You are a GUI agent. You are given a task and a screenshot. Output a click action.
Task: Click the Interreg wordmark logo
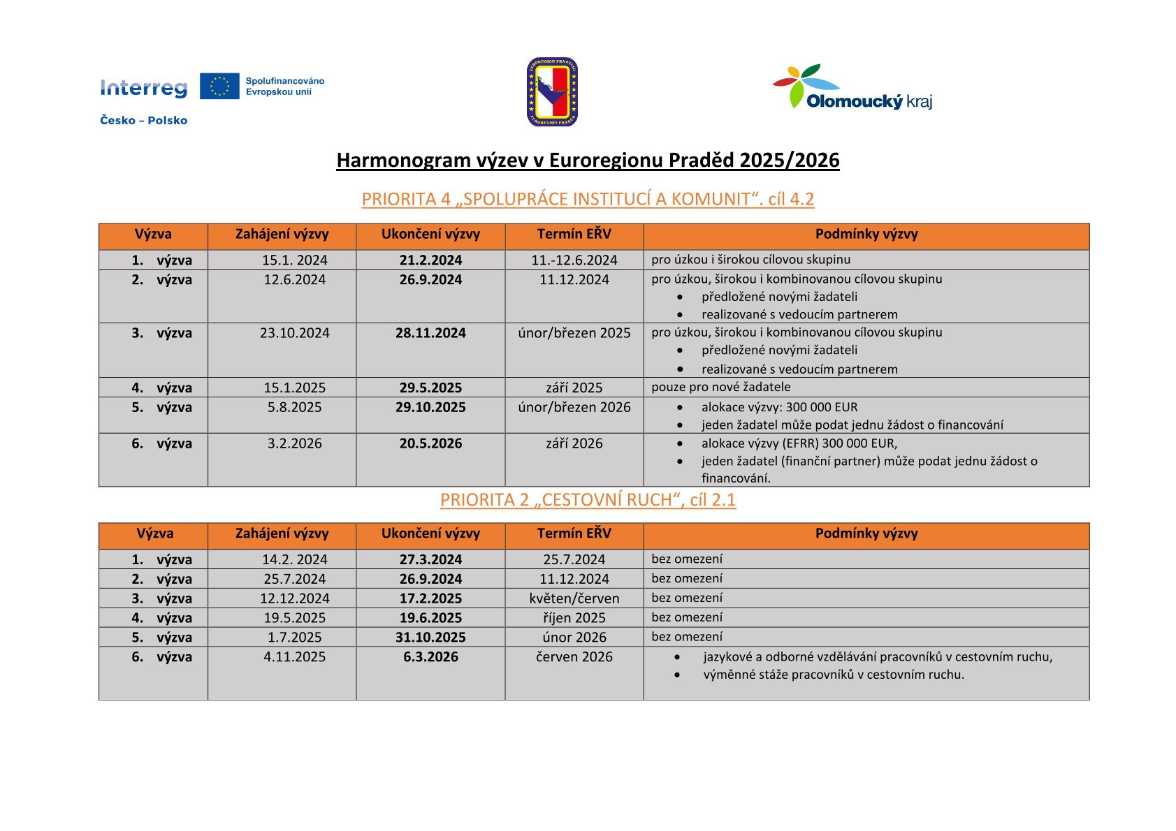[144, 87]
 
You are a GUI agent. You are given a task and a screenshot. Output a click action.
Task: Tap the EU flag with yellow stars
[219, 86]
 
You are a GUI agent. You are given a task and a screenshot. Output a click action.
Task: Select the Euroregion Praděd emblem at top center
[552, 91]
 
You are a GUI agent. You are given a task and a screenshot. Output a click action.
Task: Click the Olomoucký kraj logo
[852, 87]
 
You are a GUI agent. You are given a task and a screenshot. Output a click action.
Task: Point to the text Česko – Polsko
[144, 120]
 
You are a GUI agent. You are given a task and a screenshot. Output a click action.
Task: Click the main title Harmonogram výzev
[588, 160]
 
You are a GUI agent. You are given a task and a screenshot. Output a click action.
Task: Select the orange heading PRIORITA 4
[588, 199]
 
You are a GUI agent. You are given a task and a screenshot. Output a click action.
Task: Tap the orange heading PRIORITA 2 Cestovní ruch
[588, 500]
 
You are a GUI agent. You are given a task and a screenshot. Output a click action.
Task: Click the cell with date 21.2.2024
[430, 260]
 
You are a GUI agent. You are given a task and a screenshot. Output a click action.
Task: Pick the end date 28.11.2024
[430, 333]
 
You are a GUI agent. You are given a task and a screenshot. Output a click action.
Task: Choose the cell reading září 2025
[574, 388]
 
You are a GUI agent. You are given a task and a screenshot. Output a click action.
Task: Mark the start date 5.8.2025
[294, 407]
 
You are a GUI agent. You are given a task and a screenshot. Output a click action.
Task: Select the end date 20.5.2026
[430, 443]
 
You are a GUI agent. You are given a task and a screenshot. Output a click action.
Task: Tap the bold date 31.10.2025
[430, 637]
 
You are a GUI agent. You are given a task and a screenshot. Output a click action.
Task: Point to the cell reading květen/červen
[574, 598]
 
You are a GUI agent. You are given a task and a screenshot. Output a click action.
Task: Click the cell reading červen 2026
[574, 656]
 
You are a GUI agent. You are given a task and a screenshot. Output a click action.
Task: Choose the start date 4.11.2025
[294, 656]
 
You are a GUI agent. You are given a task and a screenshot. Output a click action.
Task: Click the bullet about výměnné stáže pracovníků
[833, 675]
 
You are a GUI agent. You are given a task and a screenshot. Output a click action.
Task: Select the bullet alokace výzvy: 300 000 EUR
[779, 407]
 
